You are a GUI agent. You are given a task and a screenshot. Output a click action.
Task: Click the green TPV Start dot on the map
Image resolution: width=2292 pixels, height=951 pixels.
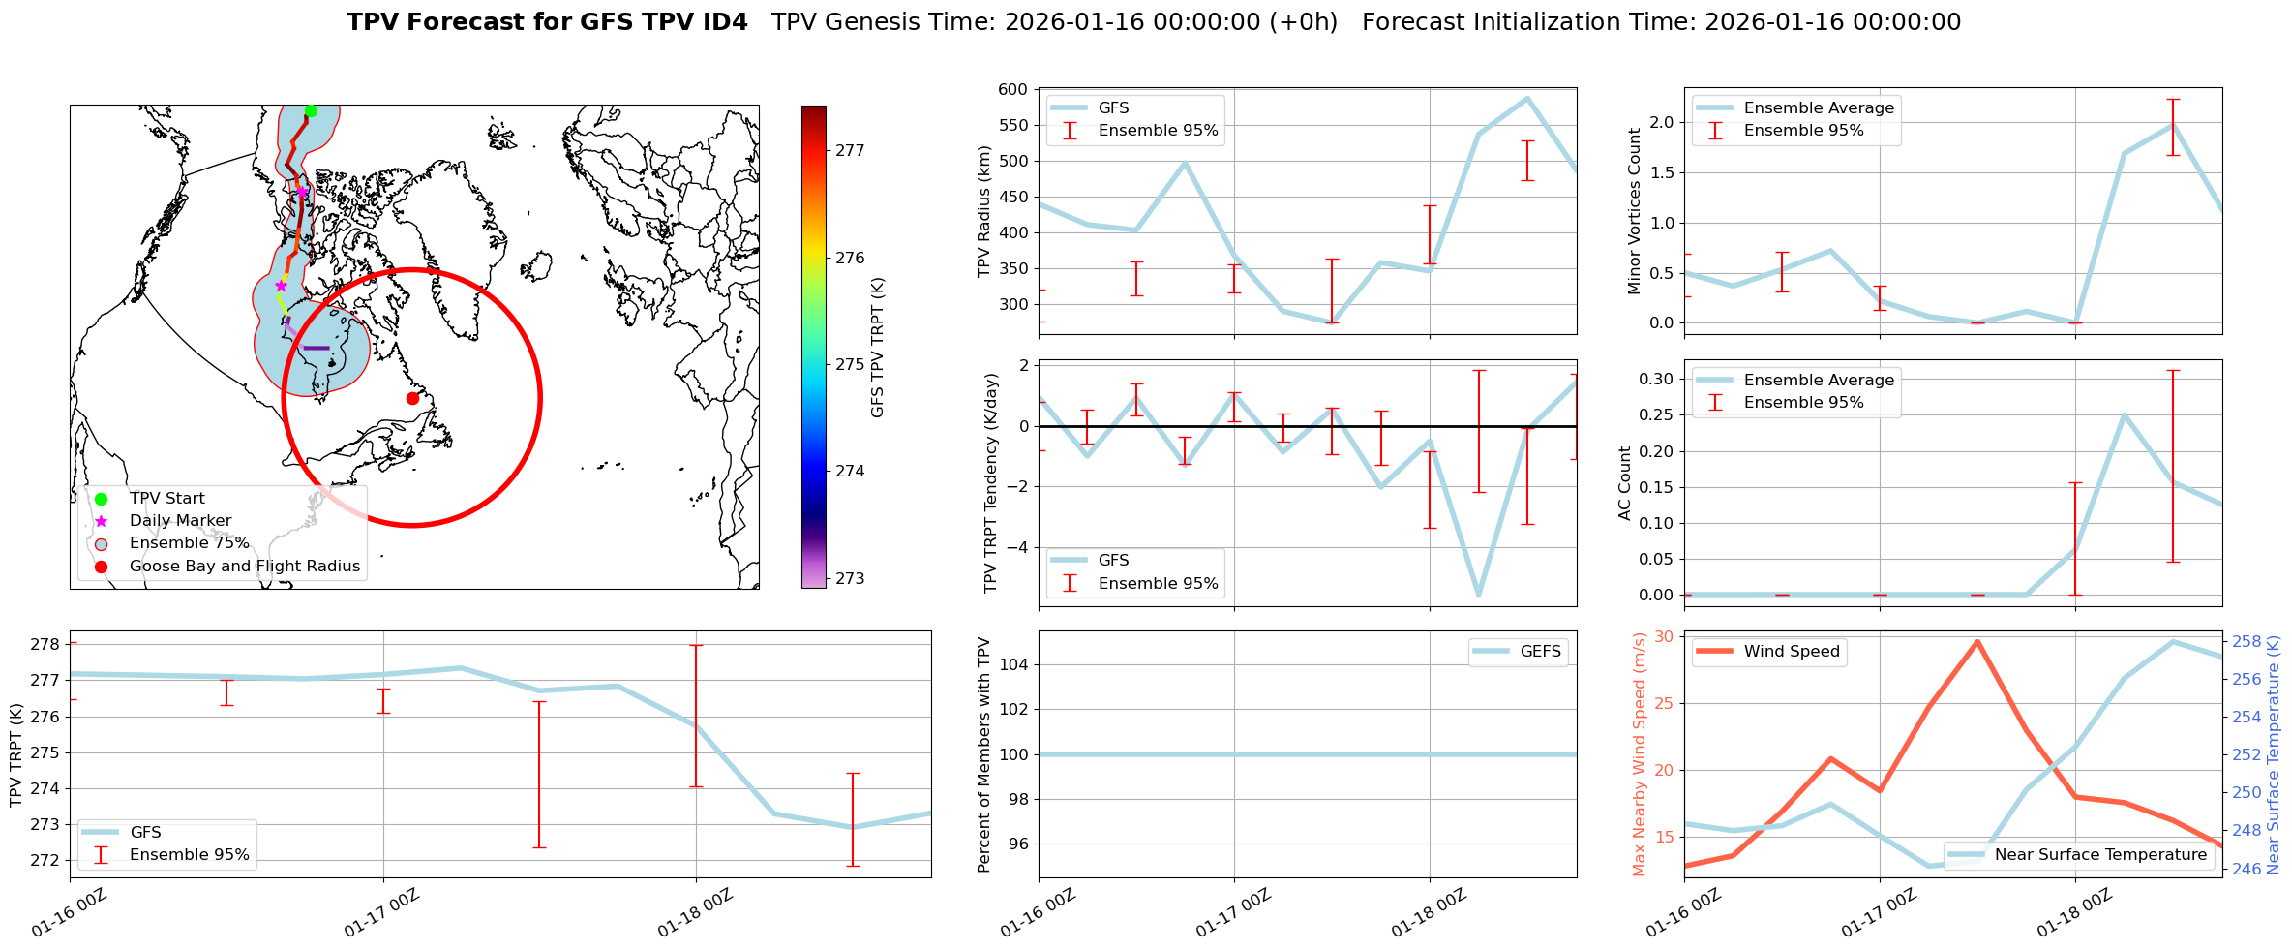coord(311,111)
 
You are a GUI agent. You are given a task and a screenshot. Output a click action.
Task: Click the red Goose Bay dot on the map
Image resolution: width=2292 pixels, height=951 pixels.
coord(412,398)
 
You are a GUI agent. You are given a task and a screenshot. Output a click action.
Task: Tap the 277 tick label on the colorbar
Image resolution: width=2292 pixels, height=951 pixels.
coord(850,151)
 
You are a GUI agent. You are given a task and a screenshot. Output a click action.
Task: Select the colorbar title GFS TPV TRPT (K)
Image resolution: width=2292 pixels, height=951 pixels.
coord(878,348)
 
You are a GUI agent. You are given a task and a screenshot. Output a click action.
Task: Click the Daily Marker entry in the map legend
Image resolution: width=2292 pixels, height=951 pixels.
coord(180,521)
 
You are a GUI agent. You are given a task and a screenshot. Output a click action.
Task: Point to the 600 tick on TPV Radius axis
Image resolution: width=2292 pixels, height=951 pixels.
coord(1012,90)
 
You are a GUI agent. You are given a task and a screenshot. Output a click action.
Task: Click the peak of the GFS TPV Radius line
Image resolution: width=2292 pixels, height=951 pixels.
coord(1527,99)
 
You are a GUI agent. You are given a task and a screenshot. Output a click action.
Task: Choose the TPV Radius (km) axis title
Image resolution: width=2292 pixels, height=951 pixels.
coord(984,211)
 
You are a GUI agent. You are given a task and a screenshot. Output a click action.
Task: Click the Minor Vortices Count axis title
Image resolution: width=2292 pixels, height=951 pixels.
coord(1634,211)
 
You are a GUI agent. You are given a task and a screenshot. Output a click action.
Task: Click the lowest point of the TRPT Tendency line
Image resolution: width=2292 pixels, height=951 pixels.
coord(1478,595)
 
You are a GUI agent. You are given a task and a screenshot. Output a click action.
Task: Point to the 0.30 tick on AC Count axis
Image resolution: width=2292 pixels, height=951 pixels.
coord(1654,380)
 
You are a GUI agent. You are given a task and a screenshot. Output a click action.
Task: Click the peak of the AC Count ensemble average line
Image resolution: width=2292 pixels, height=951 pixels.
coord(2124,415)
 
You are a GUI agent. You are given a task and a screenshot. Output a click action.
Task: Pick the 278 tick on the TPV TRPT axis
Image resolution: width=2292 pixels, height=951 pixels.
coord(46,645)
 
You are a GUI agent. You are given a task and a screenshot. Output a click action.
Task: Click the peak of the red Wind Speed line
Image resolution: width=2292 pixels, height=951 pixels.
coord(1977,641)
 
